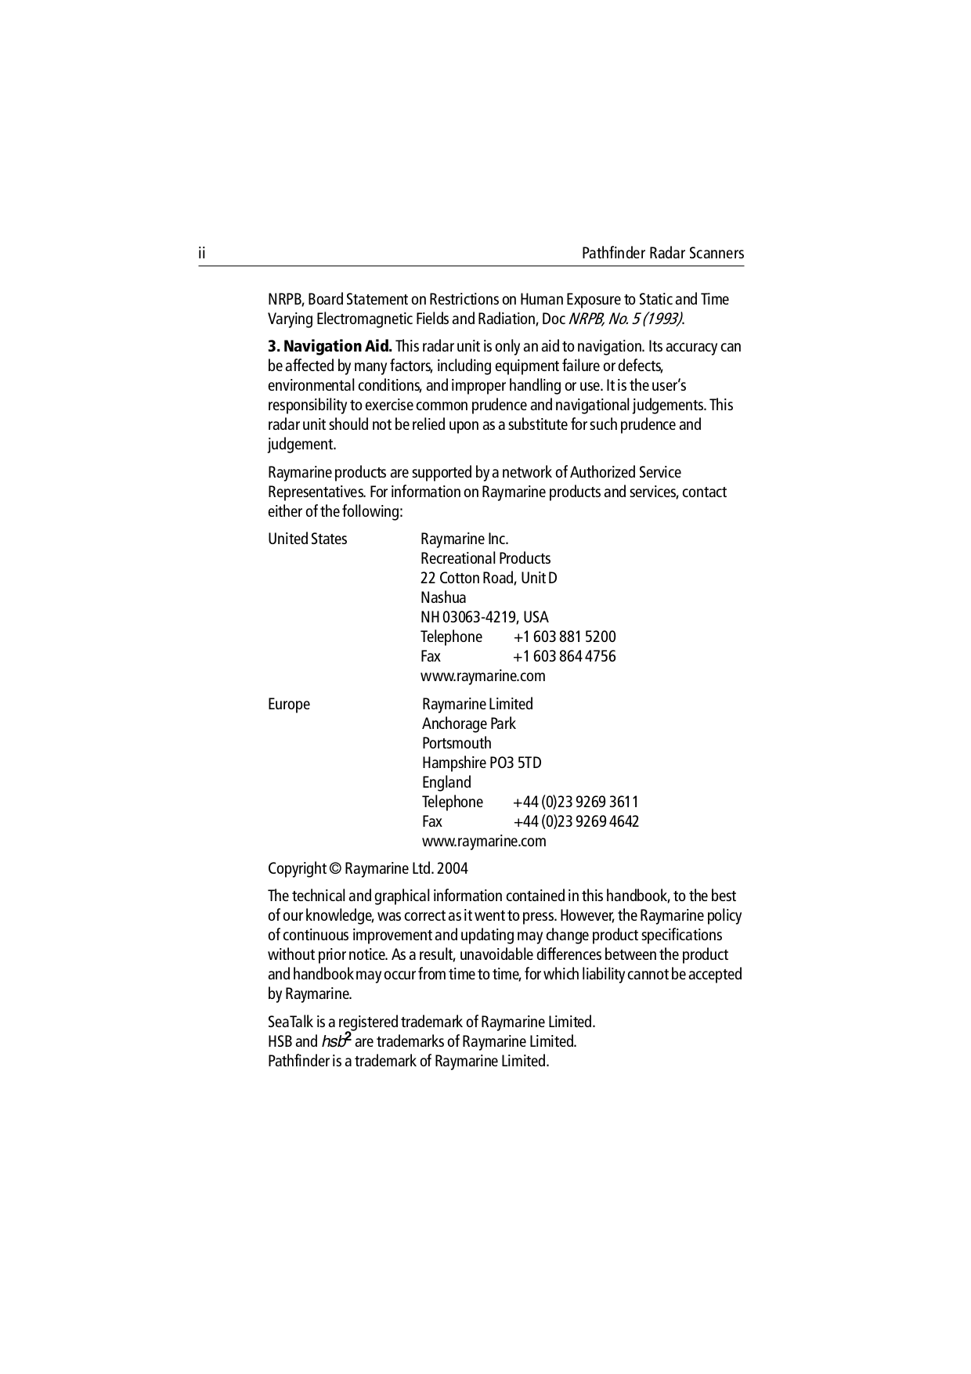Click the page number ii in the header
202,254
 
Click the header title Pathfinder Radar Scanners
662,254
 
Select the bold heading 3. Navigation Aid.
330,346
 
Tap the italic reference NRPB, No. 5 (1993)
625,319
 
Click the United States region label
307,539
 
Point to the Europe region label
289,704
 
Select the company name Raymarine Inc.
464,539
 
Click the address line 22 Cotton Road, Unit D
489,578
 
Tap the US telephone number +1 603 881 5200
565,637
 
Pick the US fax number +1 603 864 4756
565,656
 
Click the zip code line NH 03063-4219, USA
484,617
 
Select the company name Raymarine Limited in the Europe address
477,704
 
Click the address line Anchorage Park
468,723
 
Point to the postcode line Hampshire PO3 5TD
482,763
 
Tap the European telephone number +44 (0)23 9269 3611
576,802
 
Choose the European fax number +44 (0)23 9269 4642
576,821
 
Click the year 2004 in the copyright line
453,868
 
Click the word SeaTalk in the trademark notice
291,1022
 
